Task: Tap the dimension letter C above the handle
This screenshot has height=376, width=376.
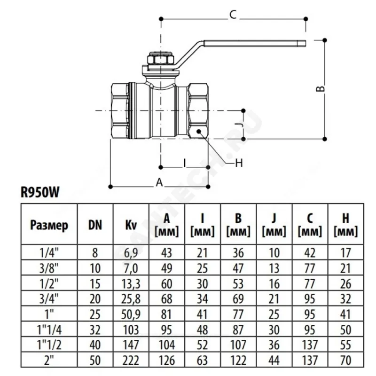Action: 232,15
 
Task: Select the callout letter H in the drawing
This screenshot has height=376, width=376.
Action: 238,163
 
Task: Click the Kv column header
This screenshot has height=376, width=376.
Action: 131,225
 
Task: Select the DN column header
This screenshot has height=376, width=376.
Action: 95,225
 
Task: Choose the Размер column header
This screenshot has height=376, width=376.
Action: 49,225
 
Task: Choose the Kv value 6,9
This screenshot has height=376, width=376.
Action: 131,252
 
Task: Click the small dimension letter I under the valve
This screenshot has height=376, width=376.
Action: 185,163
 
